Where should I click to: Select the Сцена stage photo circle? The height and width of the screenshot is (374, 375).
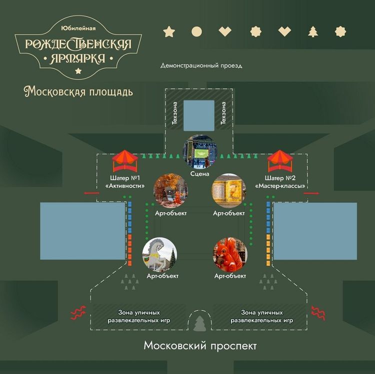(x=200, y=152)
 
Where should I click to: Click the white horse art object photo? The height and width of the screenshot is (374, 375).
(x=159, y=254)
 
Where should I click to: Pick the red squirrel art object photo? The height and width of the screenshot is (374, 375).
(x=230, y=254)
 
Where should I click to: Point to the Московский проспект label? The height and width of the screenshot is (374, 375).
(x=200, y=346)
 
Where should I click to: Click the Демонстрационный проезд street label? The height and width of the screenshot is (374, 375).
(x=201, y=66)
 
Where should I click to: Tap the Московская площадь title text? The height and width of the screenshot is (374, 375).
(x=78, y=92)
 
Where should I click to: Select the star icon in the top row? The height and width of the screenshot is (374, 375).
(x=169, y=32)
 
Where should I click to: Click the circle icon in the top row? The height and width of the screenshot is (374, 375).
(x=197, y=32)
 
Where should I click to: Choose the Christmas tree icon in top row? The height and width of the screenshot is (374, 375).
(x=313, y=32)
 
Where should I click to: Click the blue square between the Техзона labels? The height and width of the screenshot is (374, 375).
(x=198, y=115)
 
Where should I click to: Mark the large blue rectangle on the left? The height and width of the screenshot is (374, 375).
(x=82, y=231)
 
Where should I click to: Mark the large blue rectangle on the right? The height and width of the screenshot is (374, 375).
(x=315, y=231)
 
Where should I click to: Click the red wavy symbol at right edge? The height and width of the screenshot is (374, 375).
(x=318, y=313)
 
